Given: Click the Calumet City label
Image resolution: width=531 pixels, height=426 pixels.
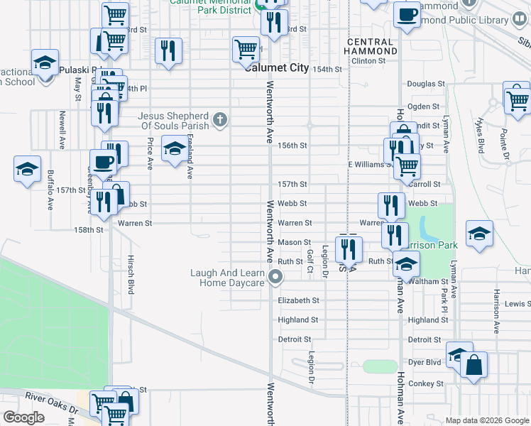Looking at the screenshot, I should [276, 68].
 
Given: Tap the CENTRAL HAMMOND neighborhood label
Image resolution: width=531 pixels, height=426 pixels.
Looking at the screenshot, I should [371, 47].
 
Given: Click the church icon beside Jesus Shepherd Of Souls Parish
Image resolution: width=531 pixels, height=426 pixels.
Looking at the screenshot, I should [220, 119].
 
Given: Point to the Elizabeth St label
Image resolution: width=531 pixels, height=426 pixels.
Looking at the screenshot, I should [298, 300].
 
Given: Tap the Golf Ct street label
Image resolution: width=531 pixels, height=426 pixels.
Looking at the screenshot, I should [310, 261].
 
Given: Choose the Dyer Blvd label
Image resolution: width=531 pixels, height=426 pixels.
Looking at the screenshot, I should [425, 362].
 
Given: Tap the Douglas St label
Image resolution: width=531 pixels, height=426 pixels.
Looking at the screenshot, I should [426, 84].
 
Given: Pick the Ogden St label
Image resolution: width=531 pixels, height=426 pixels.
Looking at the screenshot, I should [424, 106].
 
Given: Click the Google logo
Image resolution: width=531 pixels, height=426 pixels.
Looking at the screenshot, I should [23, 417].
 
